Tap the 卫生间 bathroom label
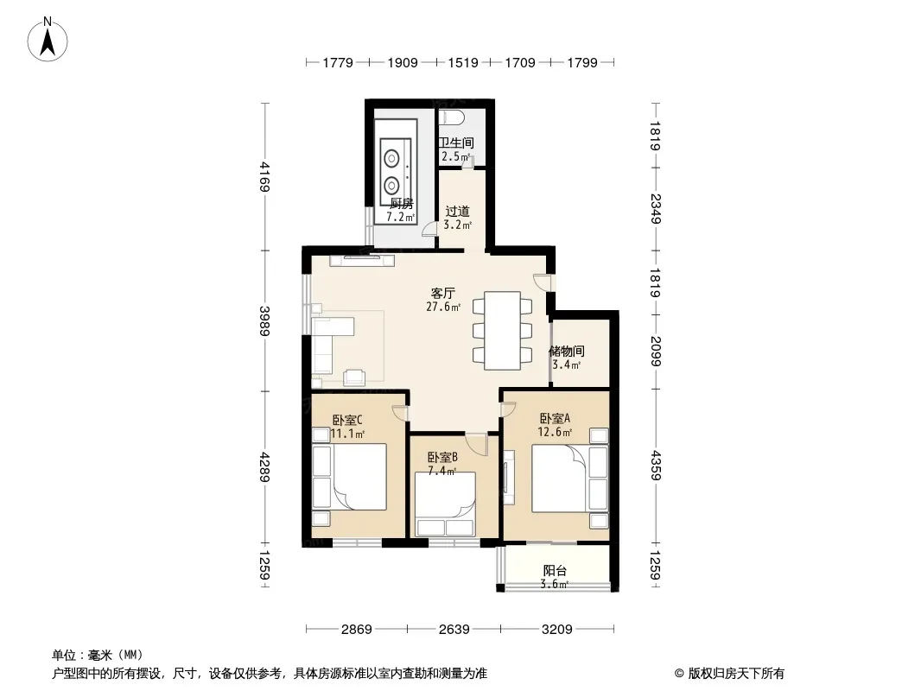tap(456, 143)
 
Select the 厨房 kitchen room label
tap(401, 204)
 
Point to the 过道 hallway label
tap(457, 212)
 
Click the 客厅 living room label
tap(443, 293)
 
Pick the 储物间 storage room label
tap(566, 351)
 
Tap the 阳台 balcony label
tap(555, 570)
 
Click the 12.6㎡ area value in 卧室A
tap(555, 433)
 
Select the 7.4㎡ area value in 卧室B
tap(441, 471)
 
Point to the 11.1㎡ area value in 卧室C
tap(347, 434)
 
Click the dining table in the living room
tap(502, 331)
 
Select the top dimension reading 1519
tap(463, 63)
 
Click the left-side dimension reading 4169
tap(265, 177)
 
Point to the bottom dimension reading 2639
tap(454, 630)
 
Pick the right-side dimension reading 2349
tap(655, 209)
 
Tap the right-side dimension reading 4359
tap(655, 465)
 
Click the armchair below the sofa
tap(354, 377)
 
